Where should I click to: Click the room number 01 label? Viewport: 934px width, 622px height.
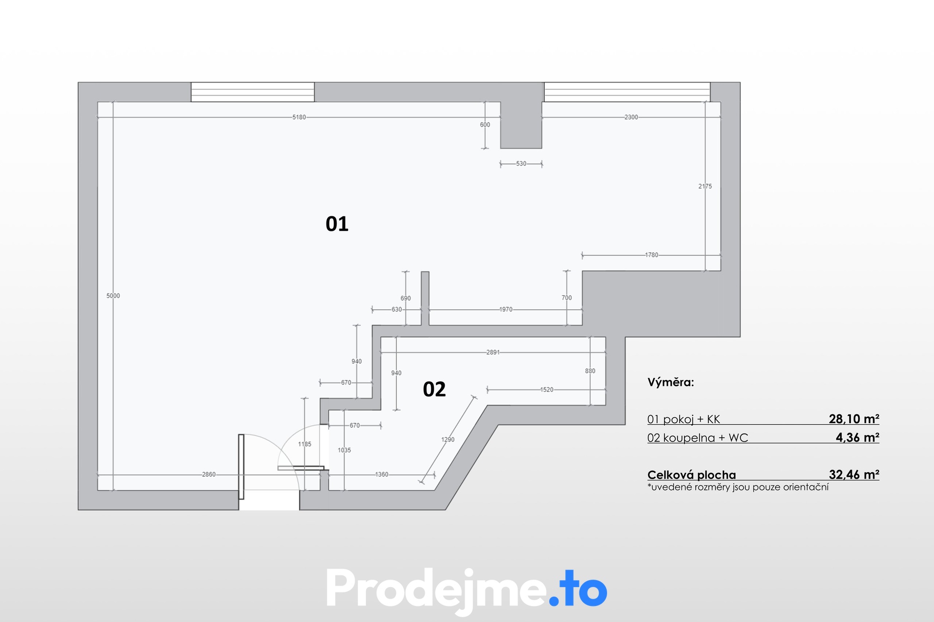click(x=337, y=224)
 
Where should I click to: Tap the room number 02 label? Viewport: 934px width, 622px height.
click(x=434, y=389)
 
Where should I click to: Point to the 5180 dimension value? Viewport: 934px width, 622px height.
click(x=299, y=117)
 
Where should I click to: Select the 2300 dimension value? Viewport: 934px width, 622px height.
click(x=631, y=117)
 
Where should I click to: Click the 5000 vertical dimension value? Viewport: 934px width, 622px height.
click(x=113, y=296)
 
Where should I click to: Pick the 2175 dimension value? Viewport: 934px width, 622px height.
click(x=705, y=186)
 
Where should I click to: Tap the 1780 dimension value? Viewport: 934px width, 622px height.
click(x=651, y=255)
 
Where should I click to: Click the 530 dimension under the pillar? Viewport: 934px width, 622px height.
click(x=521, y=164)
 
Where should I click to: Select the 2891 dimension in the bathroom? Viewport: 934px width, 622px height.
click(x=493, y=352)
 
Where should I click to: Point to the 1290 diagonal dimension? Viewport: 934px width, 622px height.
click(x=448, y=440)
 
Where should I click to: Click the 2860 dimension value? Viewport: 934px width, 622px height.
click(x=209, y=474)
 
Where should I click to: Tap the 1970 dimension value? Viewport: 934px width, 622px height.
click(x=505, y=310)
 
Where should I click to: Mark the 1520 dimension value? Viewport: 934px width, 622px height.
click(x=546, y=390)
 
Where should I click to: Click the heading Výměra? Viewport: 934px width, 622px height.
click(x=670, y=382)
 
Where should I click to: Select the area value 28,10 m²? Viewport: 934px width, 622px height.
click(x=854, y=419)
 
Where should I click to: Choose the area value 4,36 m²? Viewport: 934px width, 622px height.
click(x=857, y=437)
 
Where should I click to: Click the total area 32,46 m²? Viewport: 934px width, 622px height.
click(x=854, y=474)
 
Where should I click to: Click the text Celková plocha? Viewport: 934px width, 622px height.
click(x=691, y=475)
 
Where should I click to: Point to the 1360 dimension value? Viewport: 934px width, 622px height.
click(x=381, y=474)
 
